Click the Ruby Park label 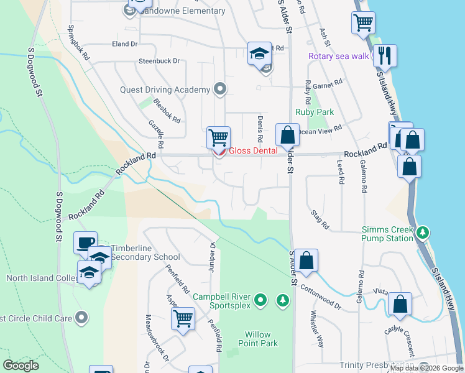click(315, 113)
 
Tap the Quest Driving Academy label click(165, 90)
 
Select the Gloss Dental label click(252, 151)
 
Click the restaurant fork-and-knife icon click(385, 56)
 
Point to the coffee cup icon click(85, 242)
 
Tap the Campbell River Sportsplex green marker click(262, 301)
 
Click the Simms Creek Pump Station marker click(423, 233)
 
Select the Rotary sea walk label click(339, 57)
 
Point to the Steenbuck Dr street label click(159, 61)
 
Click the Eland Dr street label click(124, 44)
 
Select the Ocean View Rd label click(320, 130)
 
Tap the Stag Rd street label click(320, 219)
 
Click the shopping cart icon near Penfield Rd click(183, 318)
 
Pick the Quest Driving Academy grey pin click(219, 90)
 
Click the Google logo click(21, 366)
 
